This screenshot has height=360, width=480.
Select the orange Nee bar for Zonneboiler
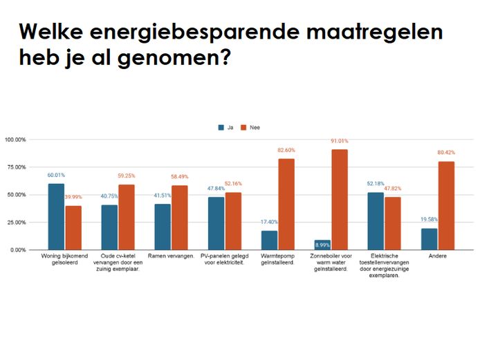340,200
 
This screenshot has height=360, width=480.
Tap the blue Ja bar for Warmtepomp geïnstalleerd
269,240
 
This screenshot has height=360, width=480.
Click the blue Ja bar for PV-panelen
216,223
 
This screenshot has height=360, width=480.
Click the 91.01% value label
340,143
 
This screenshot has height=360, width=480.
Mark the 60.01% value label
57,176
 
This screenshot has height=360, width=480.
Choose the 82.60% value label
287,151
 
